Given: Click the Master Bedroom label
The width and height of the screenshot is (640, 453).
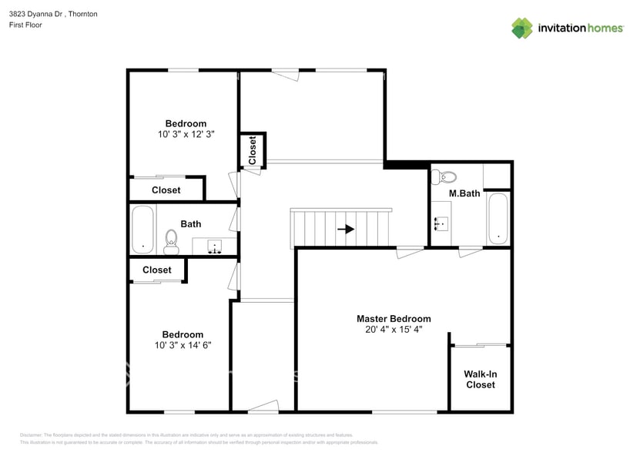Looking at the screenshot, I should [393, 318].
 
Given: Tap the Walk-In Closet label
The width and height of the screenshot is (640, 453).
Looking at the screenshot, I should [480, 379].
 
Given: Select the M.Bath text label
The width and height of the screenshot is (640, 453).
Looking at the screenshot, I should [464, 193].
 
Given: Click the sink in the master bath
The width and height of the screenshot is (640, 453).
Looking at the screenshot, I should [441, 224].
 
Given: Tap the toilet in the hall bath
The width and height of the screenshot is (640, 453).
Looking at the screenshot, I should [171, 241].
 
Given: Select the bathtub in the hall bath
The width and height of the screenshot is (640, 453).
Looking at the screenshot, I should [143, 229].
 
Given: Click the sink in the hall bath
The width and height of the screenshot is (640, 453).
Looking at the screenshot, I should [215, 247].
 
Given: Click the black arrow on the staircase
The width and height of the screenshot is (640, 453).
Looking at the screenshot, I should [346, 229].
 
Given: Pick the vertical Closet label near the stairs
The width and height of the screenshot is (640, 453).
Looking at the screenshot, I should [252, 149].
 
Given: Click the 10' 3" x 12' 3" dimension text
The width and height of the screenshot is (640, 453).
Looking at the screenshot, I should [185, 133].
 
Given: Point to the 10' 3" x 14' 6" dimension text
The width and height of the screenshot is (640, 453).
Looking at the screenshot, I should [183, 344].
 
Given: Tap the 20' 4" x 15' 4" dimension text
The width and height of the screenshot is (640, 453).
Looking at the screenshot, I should [394, 329].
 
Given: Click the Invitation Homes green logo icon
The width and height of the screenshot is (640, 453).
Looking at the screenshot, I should [522, 28].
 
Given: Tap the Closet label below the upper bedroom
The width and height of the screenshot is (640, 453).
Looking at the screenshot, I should [166, 190].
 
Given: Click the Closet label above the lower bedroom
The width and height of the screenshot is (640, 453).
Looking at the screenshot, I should [156, 270].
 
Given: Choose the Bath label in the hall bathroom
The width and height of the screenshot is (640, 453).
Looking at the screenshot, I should [191, 224].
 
